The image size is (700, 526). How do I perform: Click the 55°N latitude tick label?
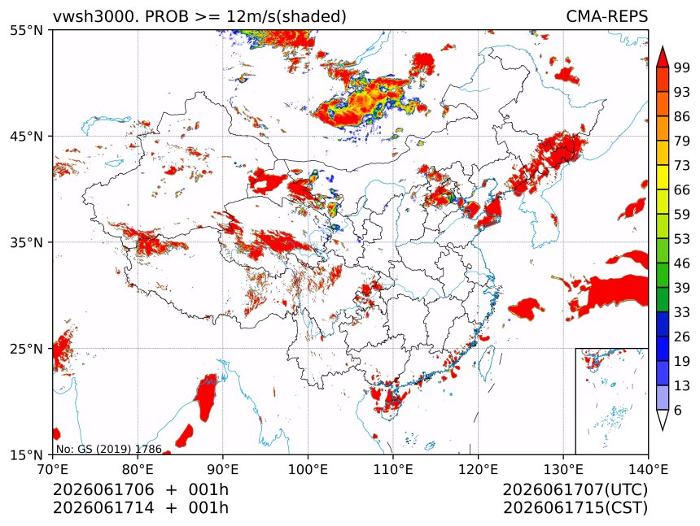[26, 30]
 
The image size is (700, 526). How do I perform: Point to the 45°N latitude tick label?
[26, 136]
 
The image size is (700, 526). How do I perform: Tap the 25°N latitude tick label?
[26, 349]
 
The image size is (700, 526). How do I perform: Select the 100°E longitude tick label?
[308, 469]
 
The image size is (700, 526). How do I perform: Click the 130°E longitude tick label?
[563, 469]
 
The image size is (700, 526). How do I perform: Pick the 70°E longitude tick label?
[53, 469]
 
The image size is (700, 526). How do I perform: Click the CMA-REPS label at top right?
[606, 16]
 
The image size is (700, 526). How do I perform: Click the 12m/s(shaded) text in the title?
[287, 17]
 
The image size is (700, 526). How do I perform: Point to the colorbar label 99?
[682, 67]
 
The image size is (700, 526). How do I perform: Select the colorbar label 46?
[682, 263]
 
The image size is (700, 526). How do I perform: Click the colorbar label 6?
[678, 410]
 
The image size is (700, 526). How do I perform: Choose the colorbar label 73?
[682, 165]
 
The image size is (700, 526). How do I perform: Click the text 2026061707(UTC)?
[575, 489]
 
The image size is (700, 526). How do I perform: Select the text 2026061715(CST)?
[575, 508]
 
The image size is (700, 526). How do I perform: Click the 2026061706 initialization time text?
[103, 489]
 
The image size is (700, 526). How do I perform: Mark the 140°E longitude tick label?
[648, 469]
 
